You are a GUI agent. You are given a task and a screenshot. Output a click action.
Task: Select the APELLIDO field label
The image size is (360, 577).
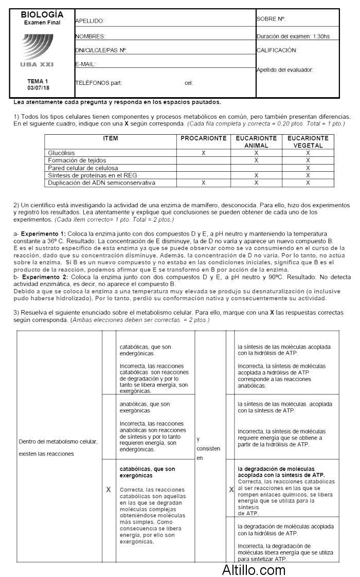coord(90,21)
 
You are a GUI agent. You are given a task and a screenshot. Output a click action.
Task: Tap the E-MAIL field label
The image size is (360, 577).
coord(85,64)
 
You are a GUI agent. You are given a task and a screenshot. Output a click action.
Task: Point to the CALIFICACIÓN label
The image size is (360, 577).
coord(277,50)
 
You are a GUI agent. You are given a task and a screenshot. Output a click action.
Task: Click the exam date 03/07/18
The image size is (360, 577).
coord(38,88)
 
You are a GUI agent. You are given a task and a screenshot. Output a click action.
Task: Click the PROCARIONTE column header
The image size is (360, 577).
coord(204,138)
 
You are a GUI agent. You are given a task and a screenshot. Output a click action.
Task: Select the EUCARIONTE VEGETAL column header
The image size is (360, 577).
coord(308,142)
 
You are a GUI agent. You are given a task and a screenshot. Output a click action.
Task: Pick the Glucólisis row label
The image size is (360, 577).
coord(61,153)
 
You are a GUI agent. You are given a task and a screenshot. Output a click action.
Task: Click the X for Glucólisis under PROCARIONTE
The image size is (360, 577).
coord(204,153)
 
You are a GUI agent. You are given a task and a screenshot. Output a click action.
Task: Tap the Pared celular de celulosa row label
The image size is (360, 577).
coord(83,168)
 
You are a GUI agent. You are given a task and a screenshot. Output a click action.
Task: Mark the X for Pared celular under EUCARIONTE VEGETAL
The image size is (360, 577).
coord(308,168)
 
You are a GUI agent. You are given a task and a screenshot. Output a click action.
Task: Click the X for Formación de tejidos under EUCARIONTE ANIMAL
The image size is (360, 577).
coord(256,160)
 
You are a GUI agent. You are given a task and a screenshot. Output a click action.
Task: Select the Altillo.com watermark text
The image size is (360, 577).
coord(254,569)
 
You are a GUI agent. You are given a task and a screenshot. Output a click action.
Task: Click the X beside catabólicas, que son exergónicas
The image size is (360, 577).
coord(109,490)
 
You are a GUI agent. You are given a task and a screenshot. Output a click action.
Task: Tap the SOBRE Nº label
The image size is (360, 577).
coord(271,19)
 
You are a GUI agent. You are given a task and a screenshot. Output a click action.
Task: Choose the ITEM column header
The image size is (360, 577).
coord(111,138)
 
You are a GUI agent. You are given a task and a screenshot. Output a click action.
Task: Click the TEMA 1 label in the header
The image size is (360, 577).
coord(38,81)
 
